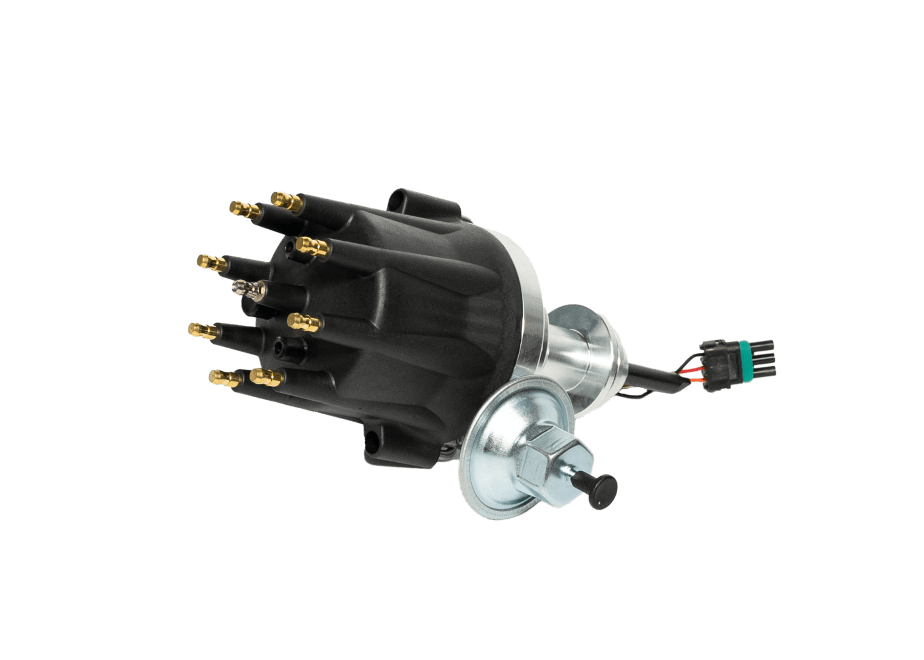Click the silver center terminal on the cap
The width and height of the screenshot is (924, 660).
point(246,287)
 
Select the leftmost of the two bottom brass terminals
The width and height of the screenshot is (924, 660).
point(221,376)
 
